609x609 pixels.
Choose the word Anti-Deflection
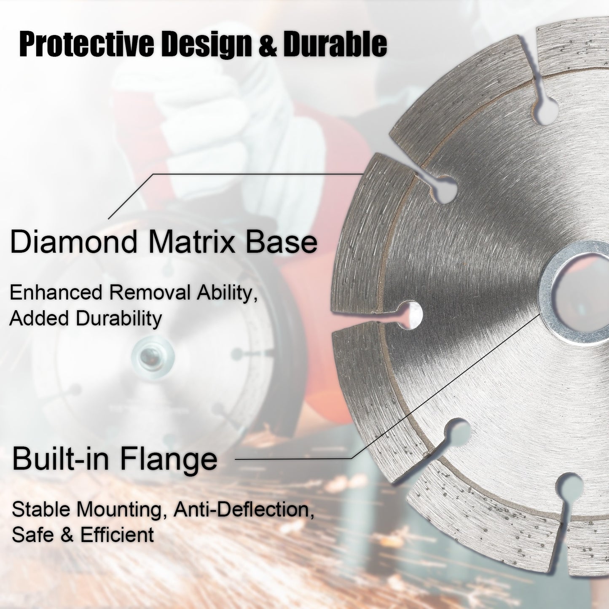coord(244,510)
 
